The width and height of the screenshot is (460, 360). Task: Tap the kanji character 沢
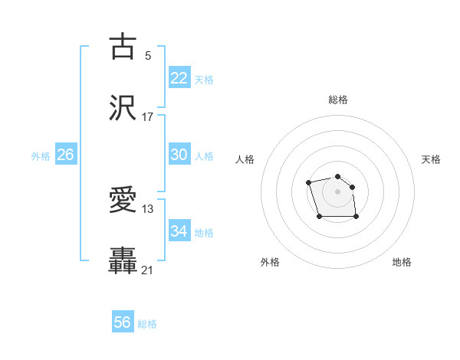point(123,108)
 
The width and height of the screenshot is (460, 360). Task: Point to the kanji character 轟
point(123,260)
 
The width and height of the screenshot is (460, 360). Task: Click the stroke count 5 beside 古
point(148,55)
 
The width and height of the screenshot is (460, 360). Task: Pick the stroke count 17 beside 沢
point(148,117)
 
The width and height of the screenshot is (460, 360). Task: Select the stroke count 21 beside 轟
point(148,270)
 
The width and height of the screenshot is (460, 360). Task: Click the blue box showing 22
point(179,78)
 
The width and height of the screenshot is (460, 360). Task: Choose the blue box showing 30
point(179,155)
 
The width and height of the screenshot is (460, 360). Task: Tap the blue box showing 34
point(179,231)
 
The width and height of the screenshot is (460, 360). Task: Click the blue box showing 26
point(66,155)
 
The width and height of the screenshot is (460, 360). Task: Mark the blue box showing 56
point(123,323)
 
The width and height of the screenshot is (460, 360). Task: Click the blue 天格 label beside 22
point(204,80)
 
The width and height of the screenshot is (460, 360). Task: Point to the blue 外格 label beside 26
point(41,156)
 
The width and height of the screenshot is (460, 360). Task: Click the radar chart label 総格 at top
point(338,100)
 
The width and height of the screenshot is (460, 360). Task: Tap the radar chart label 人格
point(245,159)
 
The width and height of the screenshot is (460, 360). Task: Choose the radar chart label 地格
point(402,263)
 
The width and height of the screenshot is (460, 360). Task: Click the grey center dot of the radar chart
point(338,191)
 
